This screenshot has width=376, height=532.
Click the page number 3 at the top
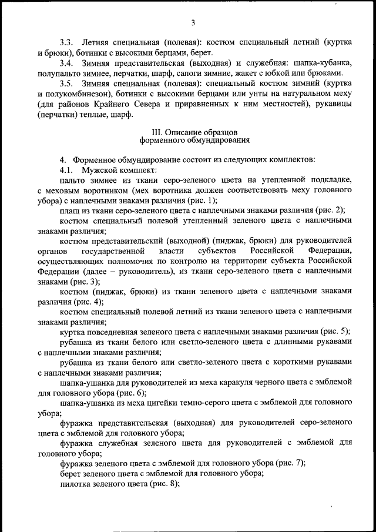192,23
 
